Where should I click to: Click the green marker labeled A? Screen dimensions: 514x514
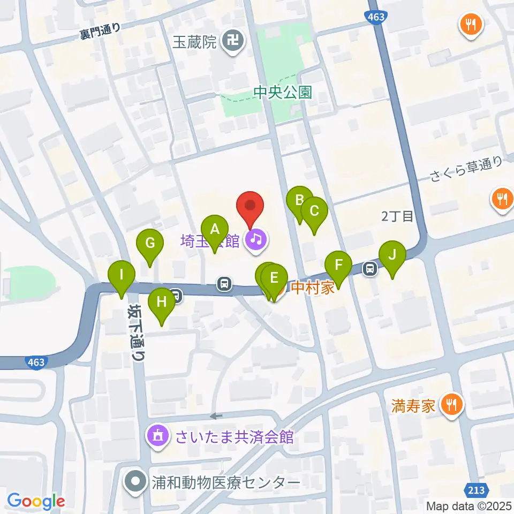click(215, 230)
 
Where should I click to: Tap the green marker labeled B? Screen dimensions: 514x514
click(299, 201)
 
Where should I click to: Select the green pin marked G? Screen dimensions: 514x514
click(150, 244)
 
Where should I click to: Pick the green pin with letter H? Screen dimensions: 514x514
click(162, 302)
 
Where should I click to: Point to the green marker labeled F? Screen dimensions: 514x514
click(338, 265)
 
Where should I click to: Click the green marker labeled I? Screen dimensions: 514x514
click(122, 275)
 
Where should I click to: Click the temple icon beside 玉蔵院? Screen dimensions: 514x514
click(233, 41)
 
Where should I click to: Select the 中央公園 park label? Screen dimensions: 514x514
click(282, 93)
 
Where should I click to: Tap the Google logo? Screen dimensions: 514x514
click(36, 501)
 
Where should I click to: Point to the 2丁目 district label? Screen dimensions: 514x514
click(397, 216)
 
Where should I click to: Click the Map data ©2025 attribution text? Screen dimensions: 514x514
click(469, 506)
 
